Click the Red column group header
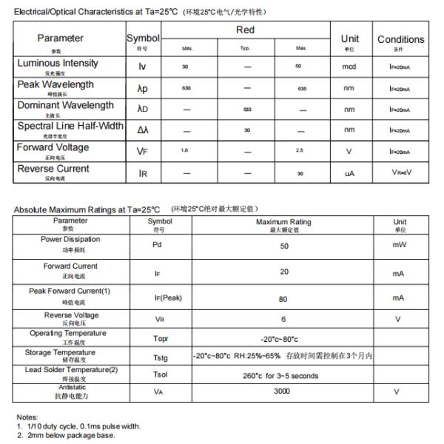(245, 30)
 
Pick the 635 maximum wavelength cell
(302, 88)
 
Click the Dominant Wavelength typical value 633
(246, 110)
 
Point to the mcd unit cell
(349, 67)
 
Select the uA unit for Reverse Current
(349, 173)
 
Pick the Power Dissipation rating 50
(284, 246)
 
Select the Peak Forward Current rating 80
(284, 298)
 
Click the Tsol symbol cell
(161, 374)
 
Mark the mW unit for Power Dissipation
(400, 246)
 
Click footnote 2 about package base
(67, 435)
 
